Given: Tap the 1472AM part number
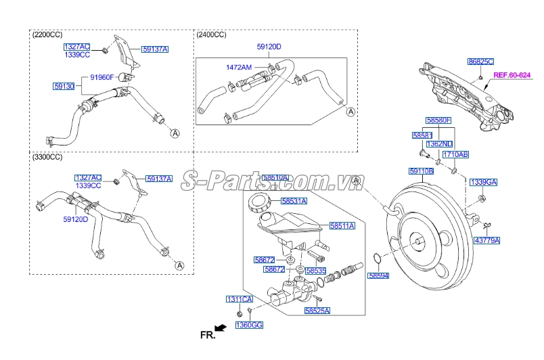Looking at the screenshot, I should click(239, 68).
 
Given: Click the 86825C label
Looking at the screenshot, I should click(481, 62).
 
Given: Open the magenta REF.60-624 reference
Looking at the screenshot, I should click(512, 75).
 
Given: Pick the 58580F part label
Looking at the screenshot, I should click(438, 120).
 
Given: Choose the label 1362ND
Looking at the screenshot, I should click(440, 144).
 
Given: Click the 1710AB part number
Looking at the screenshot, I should click(465, 154).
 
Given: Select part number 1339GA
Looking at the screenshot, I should click(484, 182).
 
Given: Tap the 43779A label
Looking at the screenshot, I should click(487, 240).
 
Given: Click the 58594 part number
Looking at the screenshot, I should click(379, 275).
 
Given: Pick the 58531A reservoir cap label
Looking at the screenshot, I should click(294, 201).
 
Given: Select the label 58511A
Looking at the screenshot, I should click(342, 225).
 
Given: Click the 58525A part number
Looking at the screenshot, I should click(317, 311).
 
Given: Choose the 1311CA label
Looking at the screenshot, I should click(239, 298).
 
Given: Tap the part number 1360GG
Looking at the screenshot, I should click(249, 325).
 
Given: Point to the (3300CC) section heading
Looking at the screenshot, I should click(47, 156).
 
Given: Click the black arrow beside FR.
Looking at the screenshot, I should click(220, 328).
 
